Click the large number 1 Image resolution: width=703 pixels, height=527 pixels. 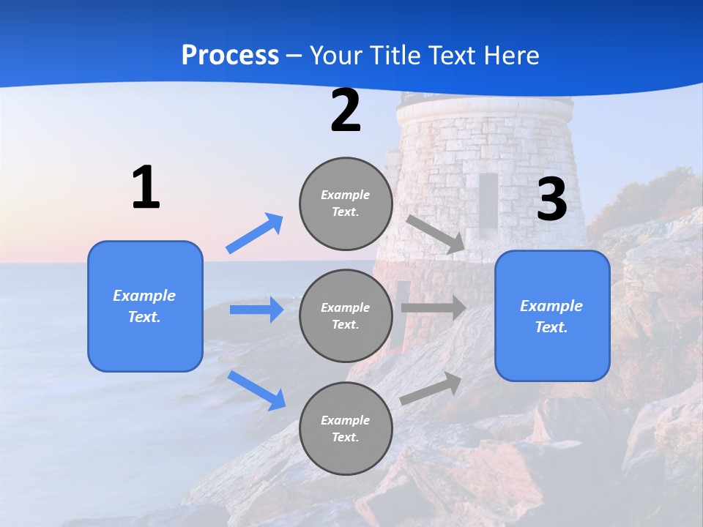click(146, 187)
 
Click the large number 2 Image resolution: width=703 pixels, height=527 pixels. click(345, 111)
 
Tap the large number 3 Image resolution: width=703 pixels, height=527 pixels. click(551, 199)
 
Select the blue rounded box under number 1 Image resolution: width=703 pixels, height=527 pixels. click(145, 306)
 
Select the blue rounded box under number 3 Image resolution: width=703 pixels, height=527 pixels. click(552, 315)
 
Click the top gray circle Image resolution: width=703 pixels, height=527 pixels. click(346, 203)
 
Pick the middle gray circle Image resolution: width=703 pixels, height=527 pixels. click(346, 315)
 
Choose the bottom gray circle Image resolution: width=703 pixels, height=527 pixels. click(346, 428)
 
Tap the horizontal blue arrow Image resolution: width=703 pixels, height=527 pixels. click(256, 310)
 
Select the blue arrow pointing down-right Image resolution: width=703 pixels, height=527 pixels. click(257, 389)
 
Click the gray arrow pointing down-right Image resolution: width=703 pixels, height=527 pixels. click(436, 233)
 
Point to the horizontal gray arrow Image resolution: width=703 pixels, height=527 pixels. click(434, 307)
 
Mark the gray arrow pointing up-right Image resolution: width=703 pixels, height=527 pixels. click(431, 388)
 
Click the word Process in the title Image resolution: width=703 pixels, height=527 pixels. click(230, 55)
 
